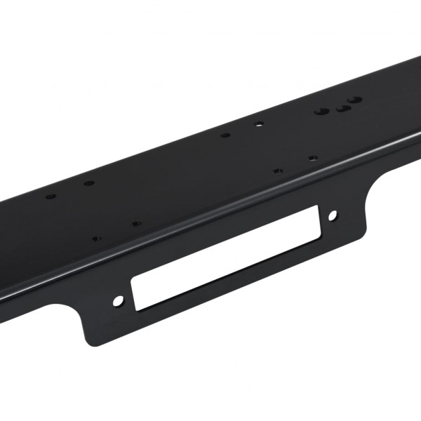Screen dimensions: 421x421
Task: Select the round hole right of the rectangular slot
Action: click(x=332, y=215)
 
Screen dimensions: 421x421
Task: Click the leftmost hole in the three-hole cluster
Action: click(x=321, y=112)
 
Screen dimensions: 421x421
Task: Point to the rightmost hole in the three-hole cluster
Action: click(x=356, y=100)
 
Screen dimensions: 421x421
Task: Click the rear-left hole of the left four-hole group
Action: click(x=50, y=196)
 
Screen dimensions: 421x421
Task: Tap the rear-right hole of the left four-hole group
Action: click(x=89, y=183)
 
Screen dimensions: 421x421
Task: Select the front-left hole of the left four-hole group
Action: click(x=96, y=239)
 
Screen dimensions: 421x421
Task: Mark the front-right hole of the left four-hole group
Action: click(x=136, y=224)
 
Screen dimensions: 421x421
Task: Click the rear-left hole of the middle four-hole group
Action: click(x=225, y=135)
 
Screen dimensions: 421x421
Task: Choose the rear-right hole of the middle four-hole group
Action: click(x=259, y=124)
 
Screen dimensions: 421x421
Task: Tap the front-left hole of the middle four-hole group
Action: click(x=278, y=170)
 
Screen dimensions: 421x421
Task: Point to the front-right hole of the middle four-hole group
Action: click(x=313, y=158)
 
